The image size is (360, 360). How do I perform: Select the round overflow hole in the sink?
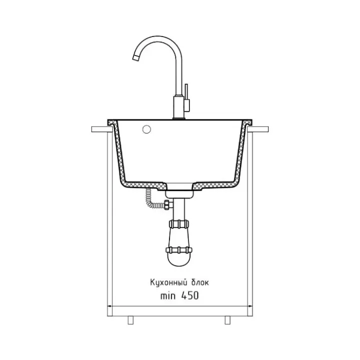coord(146,129)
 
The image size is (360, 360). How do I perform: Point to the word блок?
coord(200,282)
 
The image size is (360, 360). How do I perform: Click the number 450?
coord(190,295)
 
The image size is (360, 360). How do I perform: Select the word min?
coord(168,295)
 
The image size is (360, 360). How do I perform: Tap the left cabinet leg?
coord(130,320)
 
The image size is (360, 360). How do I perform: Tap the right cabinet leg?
coord(227,320)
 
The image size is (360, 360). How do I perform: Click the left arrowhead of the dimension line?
coord(109,306)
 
